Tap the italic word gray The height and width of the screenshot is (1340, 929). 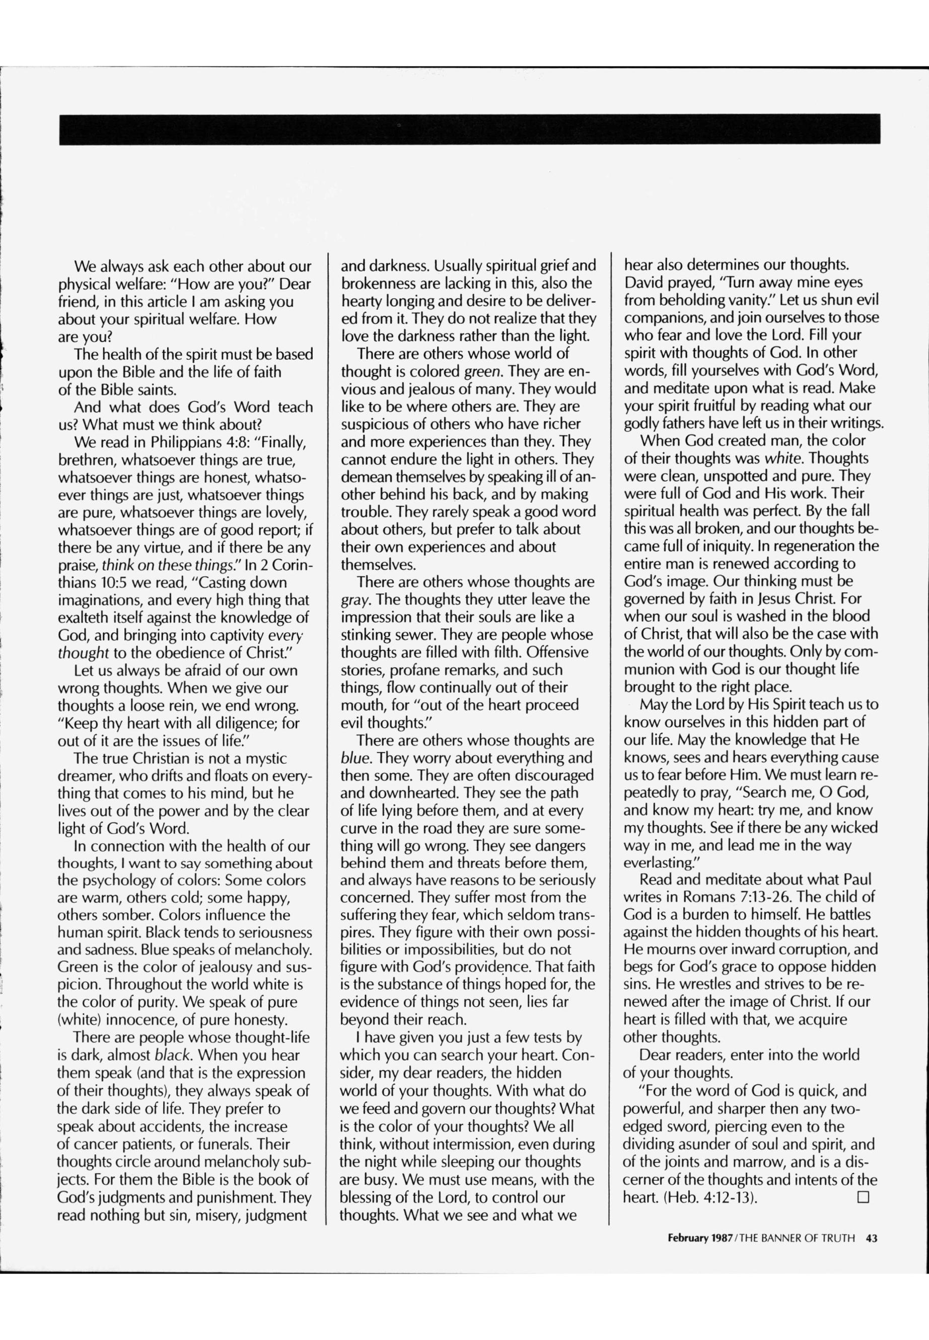(x=353, y=600)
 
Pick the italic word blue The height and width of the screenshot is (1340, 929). (x=353, y=758)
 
